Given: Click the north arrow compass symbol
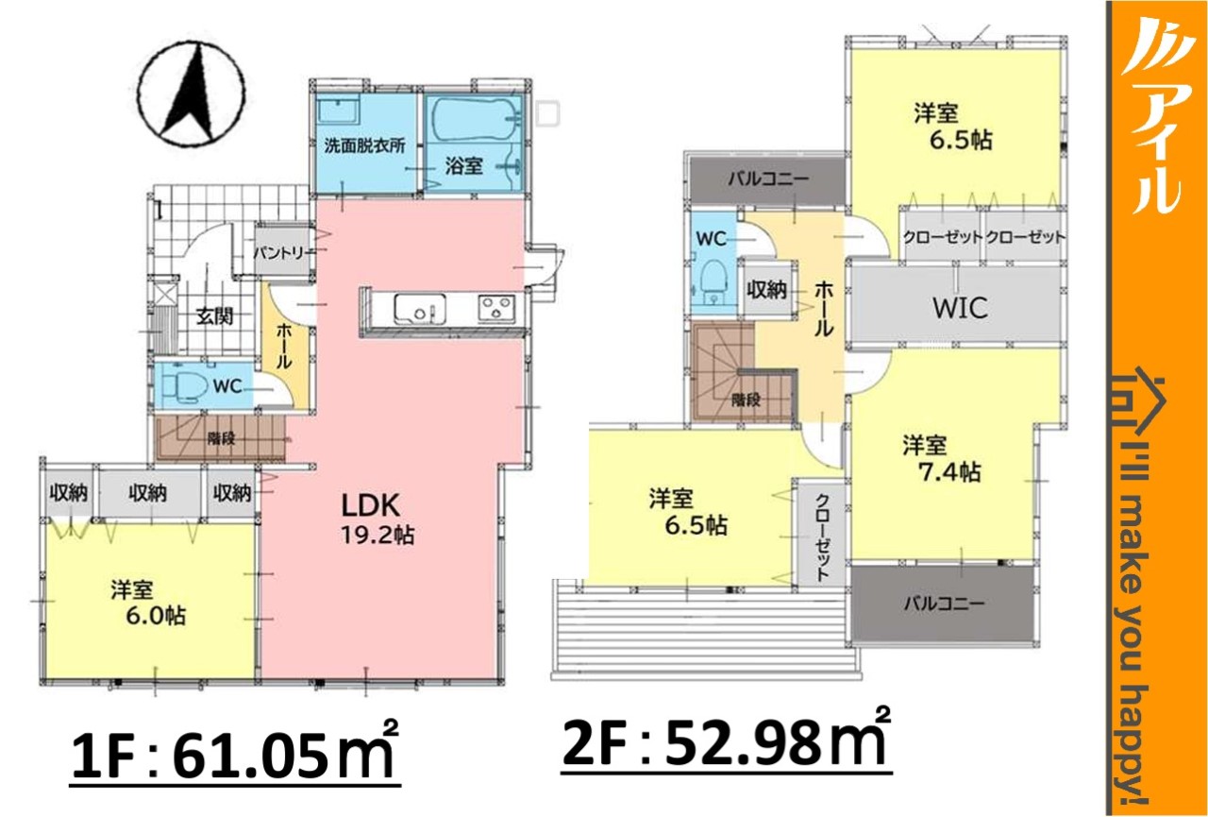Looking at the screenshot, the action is click(x=192, y=95).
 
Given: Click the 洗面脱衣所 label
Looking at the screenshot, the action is click(x=364, y=146).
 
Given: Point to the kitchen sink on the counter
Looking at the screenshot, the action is click(x=420, y=310).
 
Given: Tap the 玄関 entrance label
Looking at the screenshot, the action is click(x=214, y=316).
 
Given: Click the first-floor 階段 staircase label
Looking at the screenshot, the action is click(x=222, y=438).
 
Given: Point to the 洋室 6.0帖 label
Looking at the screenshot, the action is click(x=149, y=603).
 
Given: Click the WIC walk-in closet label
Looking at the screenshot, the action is click(x=960, y=308).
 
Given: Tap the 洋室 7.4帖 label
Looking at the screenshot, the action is click(x=942, y=459).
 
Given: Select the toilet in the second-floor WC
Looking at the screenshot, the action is click(x=714, y=282).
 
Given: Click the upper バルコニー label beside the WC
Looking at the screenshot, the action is click(x=768, y=179).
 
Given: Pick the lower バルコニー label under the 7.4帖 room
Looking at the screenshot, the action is click(x=944, y=603).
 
